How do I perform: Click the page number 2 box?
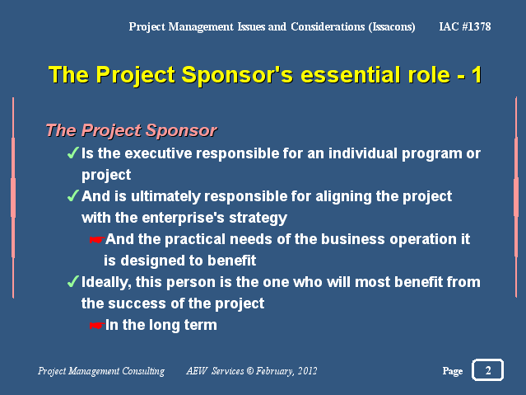click(487, 369)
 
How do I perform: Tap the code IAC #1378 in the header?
click(465, 26)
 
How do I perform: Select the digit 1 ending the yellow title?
click(477, 75)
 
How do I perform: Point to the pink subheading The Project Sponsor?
click(131, 130)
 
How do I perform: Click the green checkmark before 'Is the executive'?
click(72, 153)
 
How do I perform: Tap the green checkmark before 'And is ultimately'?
click(72, 195)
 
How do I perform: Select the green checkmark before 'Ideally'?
click(72, 281)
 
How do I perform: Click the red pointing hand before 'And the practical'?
click(97, 239)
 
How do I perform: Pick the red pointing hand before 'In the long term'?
click(97, 325)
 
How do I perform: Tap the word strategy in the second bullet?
click(258, 219)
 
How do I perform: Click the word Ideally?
click(106, 282)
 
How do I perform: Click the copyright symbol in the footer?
click(250, 371)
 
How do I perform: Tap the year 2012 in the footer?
click(307, 371)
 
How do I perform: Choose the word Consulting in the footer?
click(143, 371)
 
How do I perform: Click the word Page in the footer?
click(453, 371)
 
